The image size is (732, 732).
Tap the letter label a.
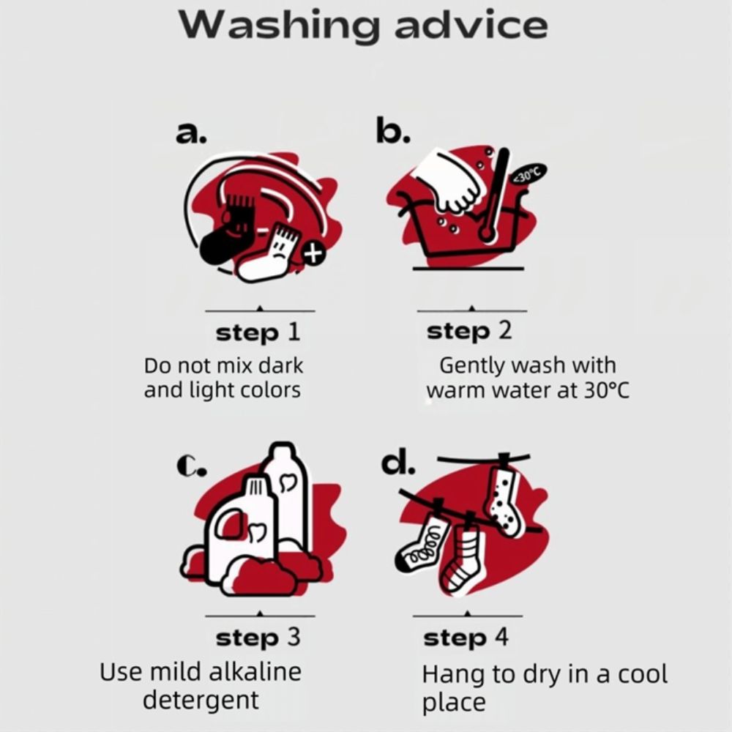tap(191, 133)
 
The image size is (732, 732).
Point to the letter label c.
tap(191, 466)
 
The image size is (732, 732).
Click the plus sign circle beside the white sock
tap(313, 254)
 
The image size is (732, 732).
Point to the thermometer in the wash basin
tap(494, 195)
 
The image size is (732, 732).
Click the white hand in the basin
tap(449, 182)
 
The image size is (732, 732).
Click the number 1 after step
tap(293, 332)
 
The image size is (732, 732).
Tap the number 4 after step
tap(501, 636)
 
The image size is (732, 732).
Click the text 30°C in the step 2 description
tap(606, 390)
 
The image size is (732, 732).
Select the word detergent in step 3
tap(201, 700)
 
